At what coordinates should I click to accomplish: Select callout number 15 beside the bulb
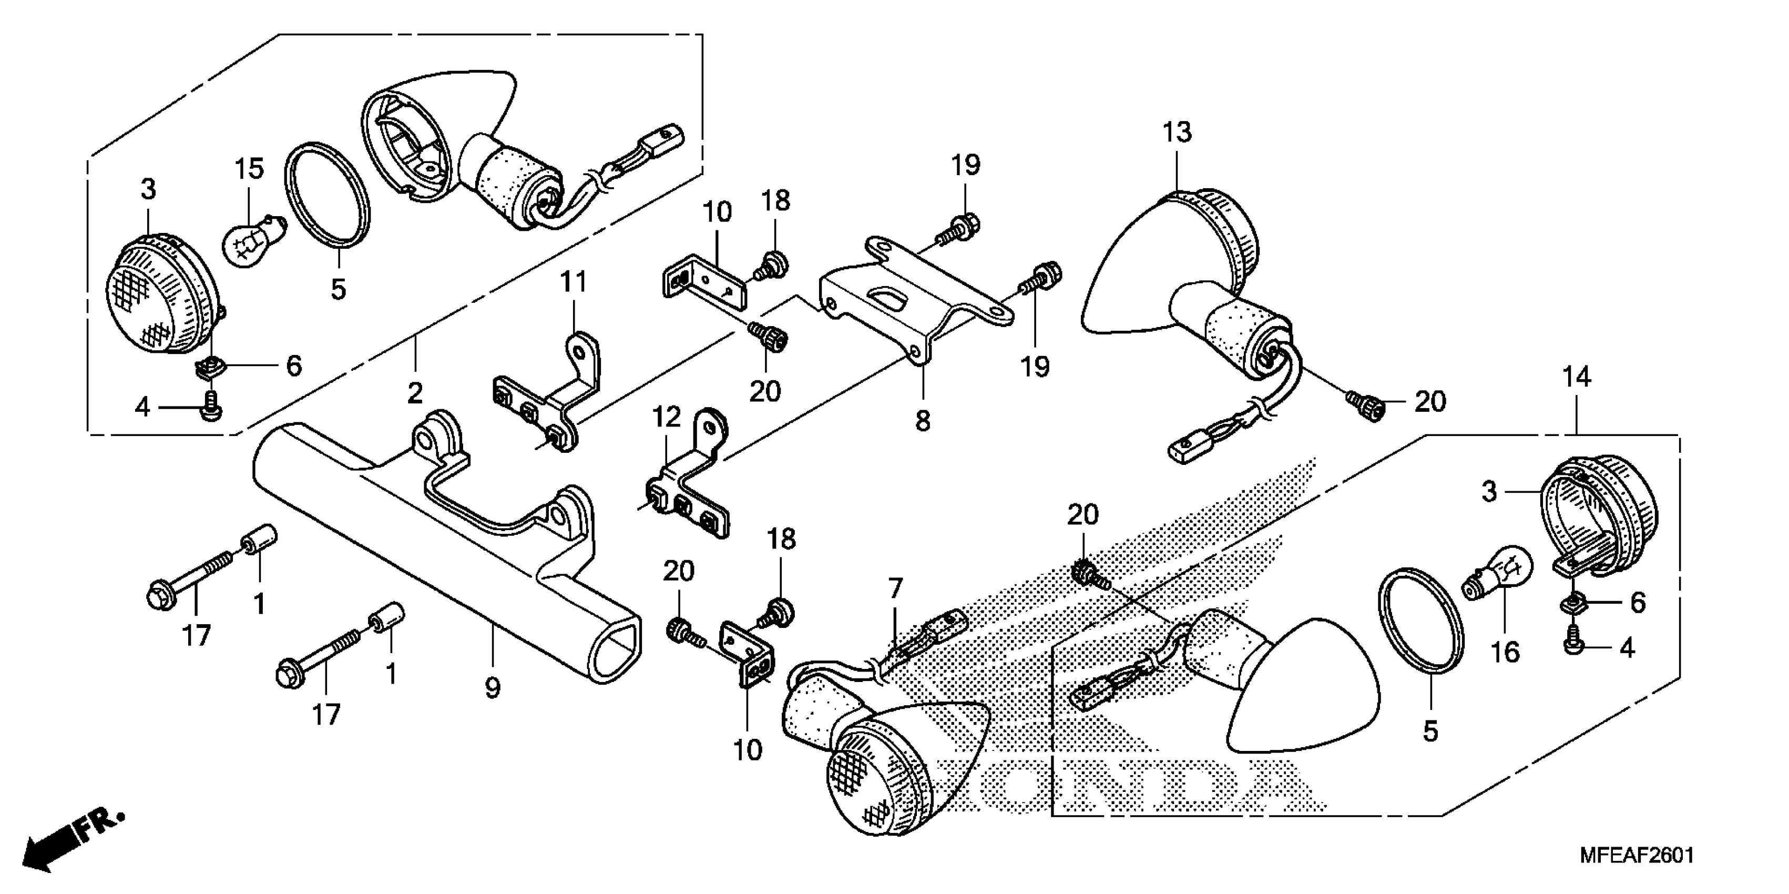(x=249, y=169)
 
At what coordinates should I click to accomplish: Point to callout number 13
(x=1177, y=132)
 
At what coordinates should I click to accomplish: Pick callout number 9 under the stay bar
(x=493, y=688)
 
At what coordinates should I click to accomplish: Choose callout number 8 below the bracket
(x=922, y=420)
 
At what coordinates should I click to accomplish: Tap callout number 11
(x=574, y=282)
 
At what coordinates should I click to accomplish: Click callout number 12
(x=666, y=418)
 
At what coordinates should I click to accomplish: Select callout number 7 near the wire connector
(x=895, y=589)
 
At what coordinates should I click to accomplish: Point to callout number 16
(x=1505, y=652)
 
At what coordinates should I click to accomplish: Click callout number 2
(x=415, y=393)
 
